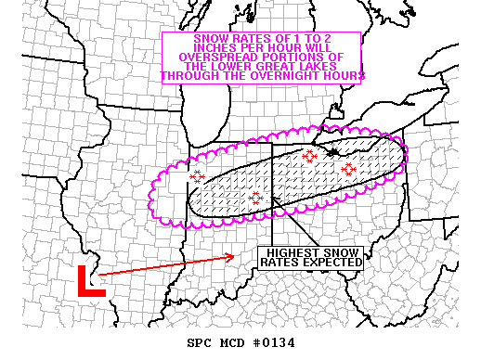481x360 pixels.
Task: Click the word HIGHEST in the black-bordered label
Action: (x=290, y=252)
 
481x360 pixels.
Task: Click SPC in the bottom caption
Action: (x=200, y=343)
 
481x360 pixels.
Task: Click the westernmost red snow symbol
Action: (x=197, y=176)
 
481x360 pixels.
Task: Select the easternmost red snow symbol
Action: (x=348, y=169)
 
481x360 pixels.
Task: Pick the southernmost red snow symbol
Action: (x=256, y=198)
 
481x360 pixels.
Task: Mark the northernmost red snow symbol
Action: (x=309, y=156)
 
